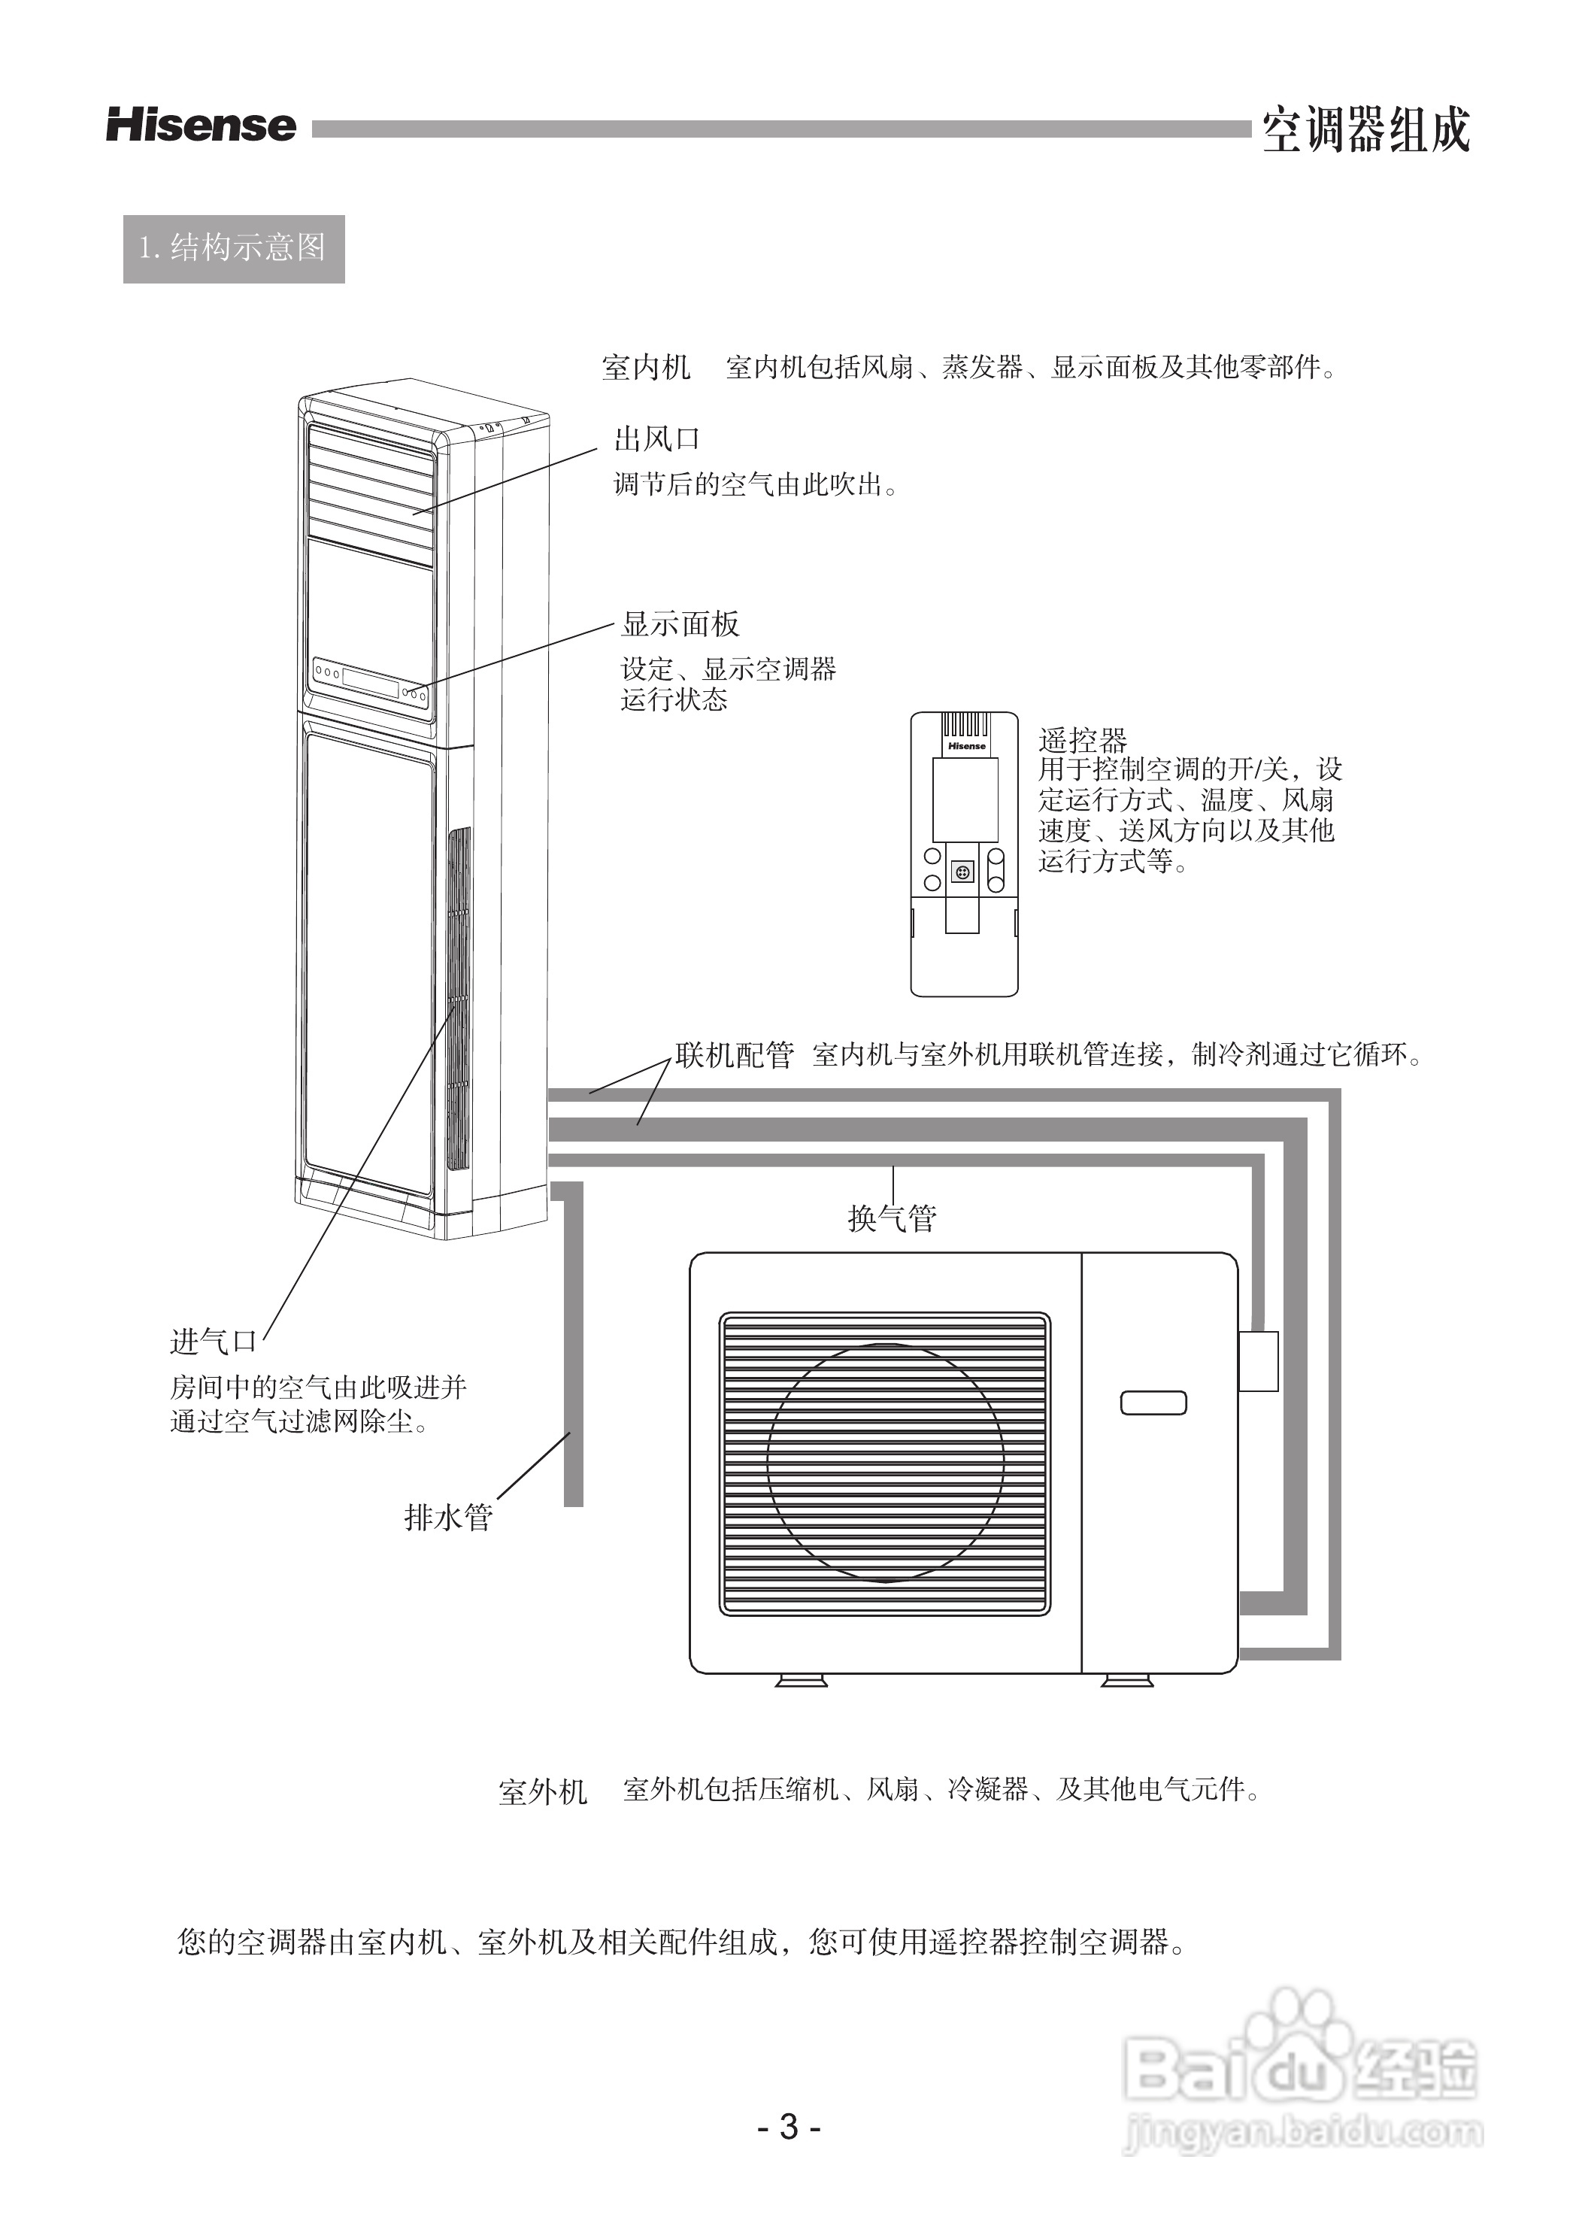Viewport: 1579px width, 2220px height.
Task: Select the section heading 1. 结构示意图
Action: [233, 249]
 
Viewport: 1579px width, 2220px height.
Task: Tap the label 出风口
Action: [656, 439]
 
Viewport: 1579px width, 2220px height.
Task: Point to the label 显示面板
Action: [680, 623]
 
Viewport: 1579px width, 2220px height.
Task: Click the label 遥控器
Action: [1082, 741]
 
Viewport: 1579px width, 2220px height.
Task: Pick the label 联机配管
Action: [734, 1055]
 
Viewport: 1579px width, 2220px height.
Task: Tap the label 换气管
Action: [892, 1218]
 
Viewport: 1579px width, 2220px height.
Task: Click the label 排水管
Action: [448, 1517]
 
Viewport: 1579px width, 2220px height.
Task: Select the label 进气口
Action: [213, 1342]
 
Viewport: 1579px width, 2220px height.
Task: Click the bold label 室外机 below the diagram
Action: [543, 1791]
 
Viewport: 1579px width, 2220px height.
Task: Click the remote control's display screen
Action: [965, 799]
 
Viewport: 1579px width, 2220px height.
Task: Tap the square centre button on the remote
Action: [962, 872]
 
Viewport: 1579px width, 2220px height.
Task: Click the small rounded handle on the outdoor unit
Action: [1153, 1403]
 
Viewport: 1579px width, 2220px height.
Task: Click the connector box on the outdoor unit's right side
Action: [1258, 1360]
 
